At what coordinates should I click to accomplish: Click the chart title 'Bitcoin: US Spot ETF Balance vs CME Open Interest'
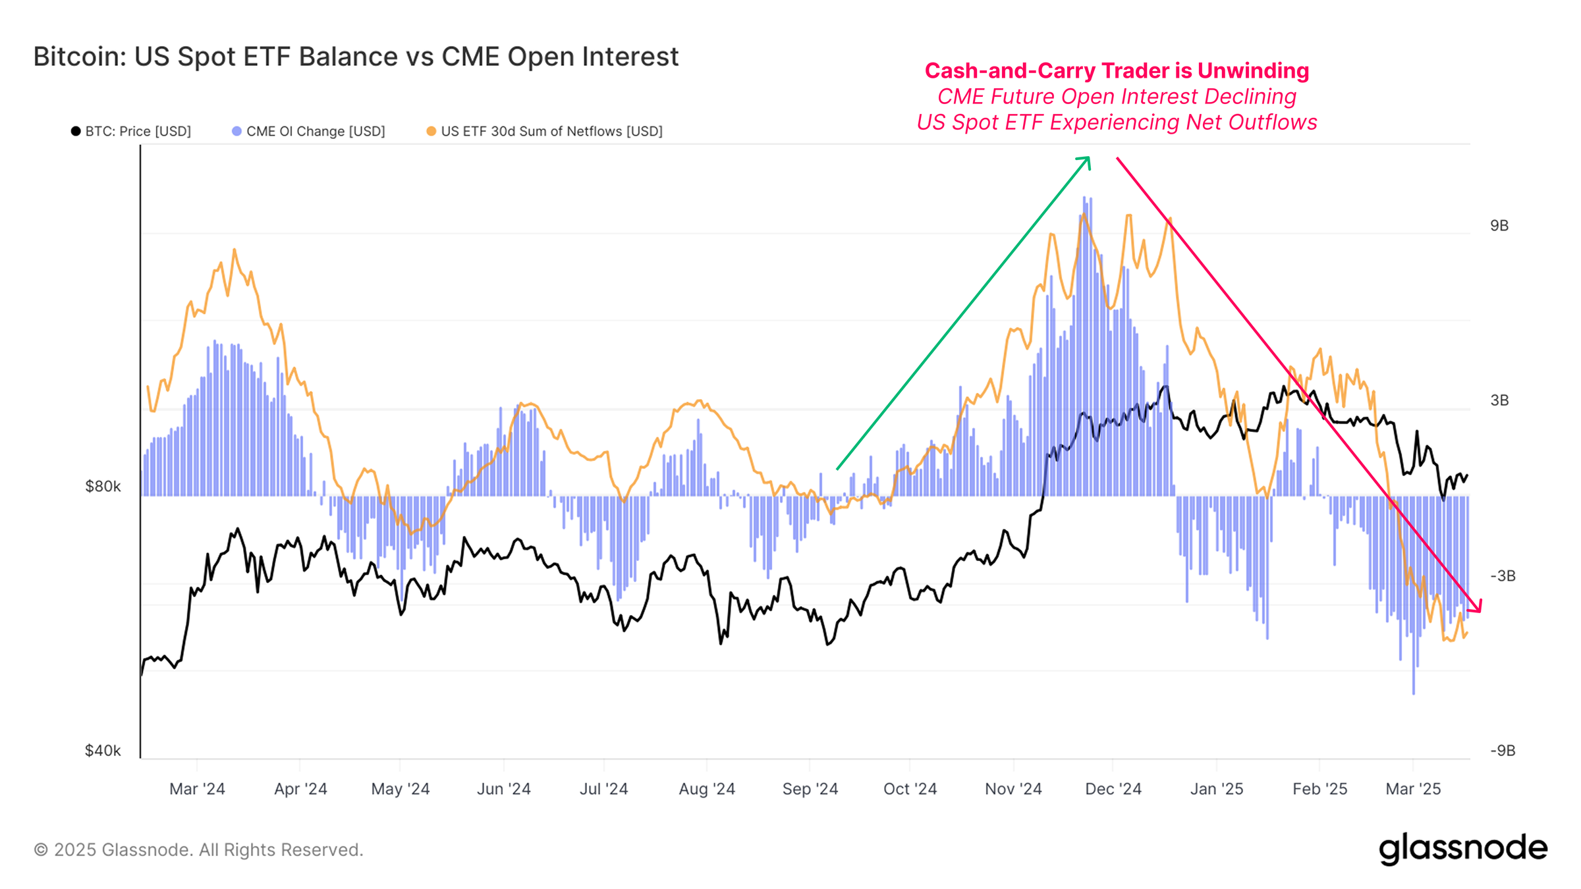click(x=356, y=57)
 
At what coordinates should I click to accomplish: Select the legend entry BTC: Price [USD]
click(x=132, y=131)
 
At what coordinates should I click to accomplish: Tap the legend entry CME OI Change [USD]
click(x=310, y=131)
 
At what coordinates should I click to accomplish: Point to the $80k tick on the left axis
click(x=103, y=486)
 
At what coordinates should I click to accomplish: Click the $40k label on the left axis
click(x=103, y=750)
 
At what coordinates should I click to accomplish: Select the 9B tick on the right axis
click(x=1499, y=226)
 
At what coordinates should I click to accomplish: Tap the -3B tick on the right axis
click(x=1503, y=576)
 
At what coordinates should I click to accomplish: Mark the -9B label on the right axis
click(x=1503, y=750)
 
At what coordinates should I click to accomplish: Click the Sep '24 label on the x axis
click(x=810, y=788)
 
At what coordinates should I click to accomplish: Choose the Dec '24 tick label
click(x=1113, y=788)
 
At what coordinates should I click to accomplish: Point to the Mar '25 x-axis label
click(x=1413, y=788)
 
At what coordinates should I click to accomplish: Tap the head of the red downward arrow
click(x=1478, y=609)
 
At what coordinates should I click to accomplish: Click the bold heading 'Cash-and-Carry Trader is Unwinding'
click(x=1117, y=70)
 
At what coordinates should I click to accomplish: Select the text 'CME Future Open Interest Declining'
click(x=1117, y=96)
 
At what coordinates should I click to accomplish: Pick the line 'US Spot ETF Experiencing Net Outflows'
click(x=1117, y=122)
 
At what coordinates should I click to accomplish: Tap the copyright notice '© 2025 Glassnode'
click(x=198, y=849)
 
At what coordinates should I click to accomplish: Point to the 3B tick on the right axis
click(x=1499, y=400)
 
